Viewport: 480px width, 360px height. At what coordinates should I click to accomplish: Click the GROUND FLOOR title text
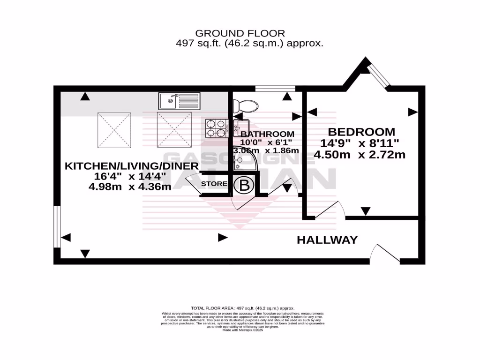click(x=240, y=33)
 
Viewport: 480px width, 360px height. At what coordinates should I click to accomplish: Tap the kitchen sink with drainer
click(x=179, y=100)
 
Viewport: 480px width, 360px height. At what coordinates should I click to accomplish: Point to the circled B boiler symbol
click(x=244, y=185)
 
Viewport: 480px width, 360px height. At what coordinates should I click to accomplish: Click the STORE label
click(x=214, y=184)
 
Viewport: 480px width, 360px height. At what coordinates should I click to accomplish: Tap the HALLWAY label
click(x=327, y=240)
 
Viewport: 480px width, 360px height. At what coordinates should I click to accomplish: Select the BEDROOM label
click(x=361, y=132)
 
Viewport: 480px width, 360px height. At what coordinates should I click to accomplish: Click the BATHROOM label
click(x=268, y=134)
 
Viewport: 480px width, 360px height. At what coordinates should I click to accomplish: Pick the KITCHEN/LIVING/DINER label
click(x=132, y=166)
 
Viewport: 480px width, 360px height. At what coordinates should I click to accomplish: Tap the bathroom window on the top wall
click(x=275, y=88)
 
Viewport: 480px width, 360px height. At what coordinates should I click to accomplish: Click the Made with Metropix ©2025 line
click(x=240, y=330)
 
